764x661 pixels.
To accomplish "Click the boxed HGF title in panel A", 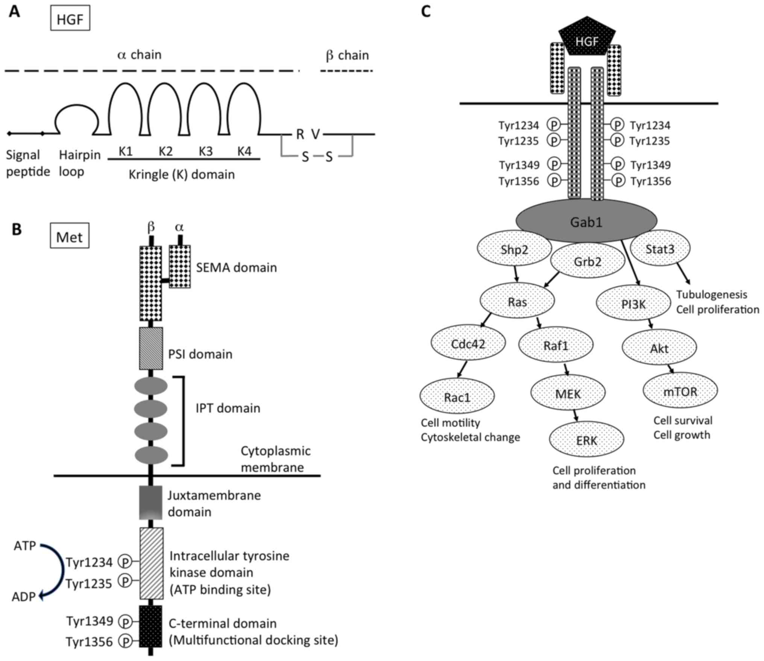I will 70,18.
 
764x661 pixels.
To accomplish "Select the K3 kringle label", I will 206,151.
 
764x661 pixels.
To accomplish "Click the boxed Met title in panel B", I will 70,236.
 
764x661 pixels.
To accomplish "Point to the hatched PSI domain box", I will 151,348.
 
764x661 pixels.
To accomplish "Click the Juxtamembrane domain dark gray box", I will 151,502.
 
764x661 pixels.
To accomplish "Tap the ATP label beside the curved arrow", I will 25,546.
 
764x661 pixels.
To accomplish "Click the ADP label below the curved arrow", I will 24,597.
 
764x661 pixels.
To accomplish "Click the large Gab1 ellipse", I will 586,221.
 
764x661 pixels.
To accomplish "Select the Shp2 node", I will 514,249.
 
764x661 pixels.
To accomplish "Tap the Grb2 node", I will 588,261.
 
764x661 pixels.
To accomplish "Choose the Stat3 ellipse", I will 660,249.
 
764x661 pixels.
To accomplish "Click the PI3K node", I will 633,303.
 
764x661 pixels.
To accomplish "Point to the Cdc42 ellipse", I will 468,343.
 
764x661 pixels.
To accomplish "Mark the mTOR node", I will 680,391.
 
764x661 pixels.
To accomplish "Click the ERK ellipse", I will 586,440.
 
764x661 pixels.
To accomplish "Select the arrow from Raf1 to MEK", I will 566,369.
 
